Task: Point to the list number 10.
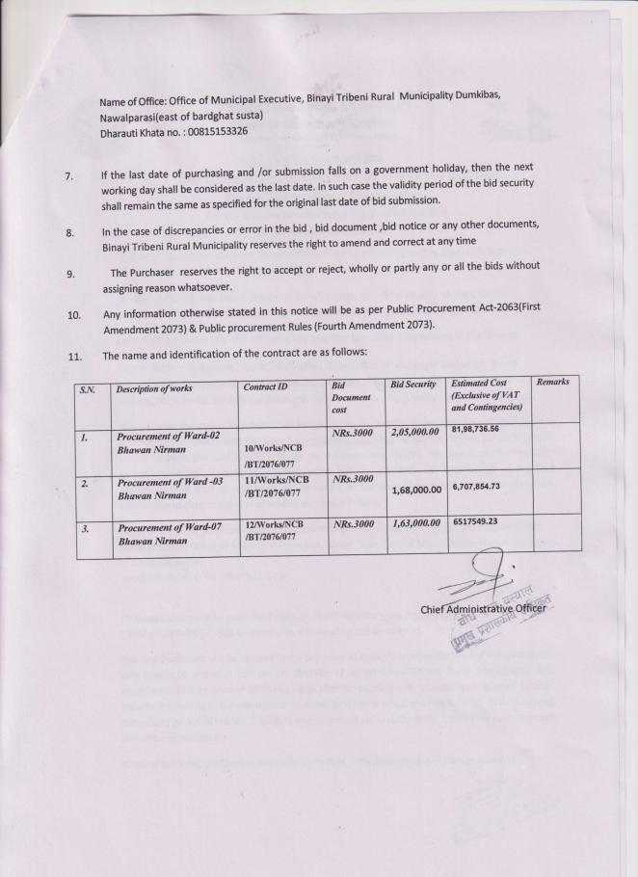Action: [x=73, y=315]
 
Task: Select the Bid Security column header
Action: [x=413, y=385]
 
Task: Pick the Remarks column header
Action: [x=552, y=382]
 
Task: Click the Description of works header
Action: [x=154, y=388]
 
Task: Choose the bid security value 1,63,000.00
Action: [x=415, y=523]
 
